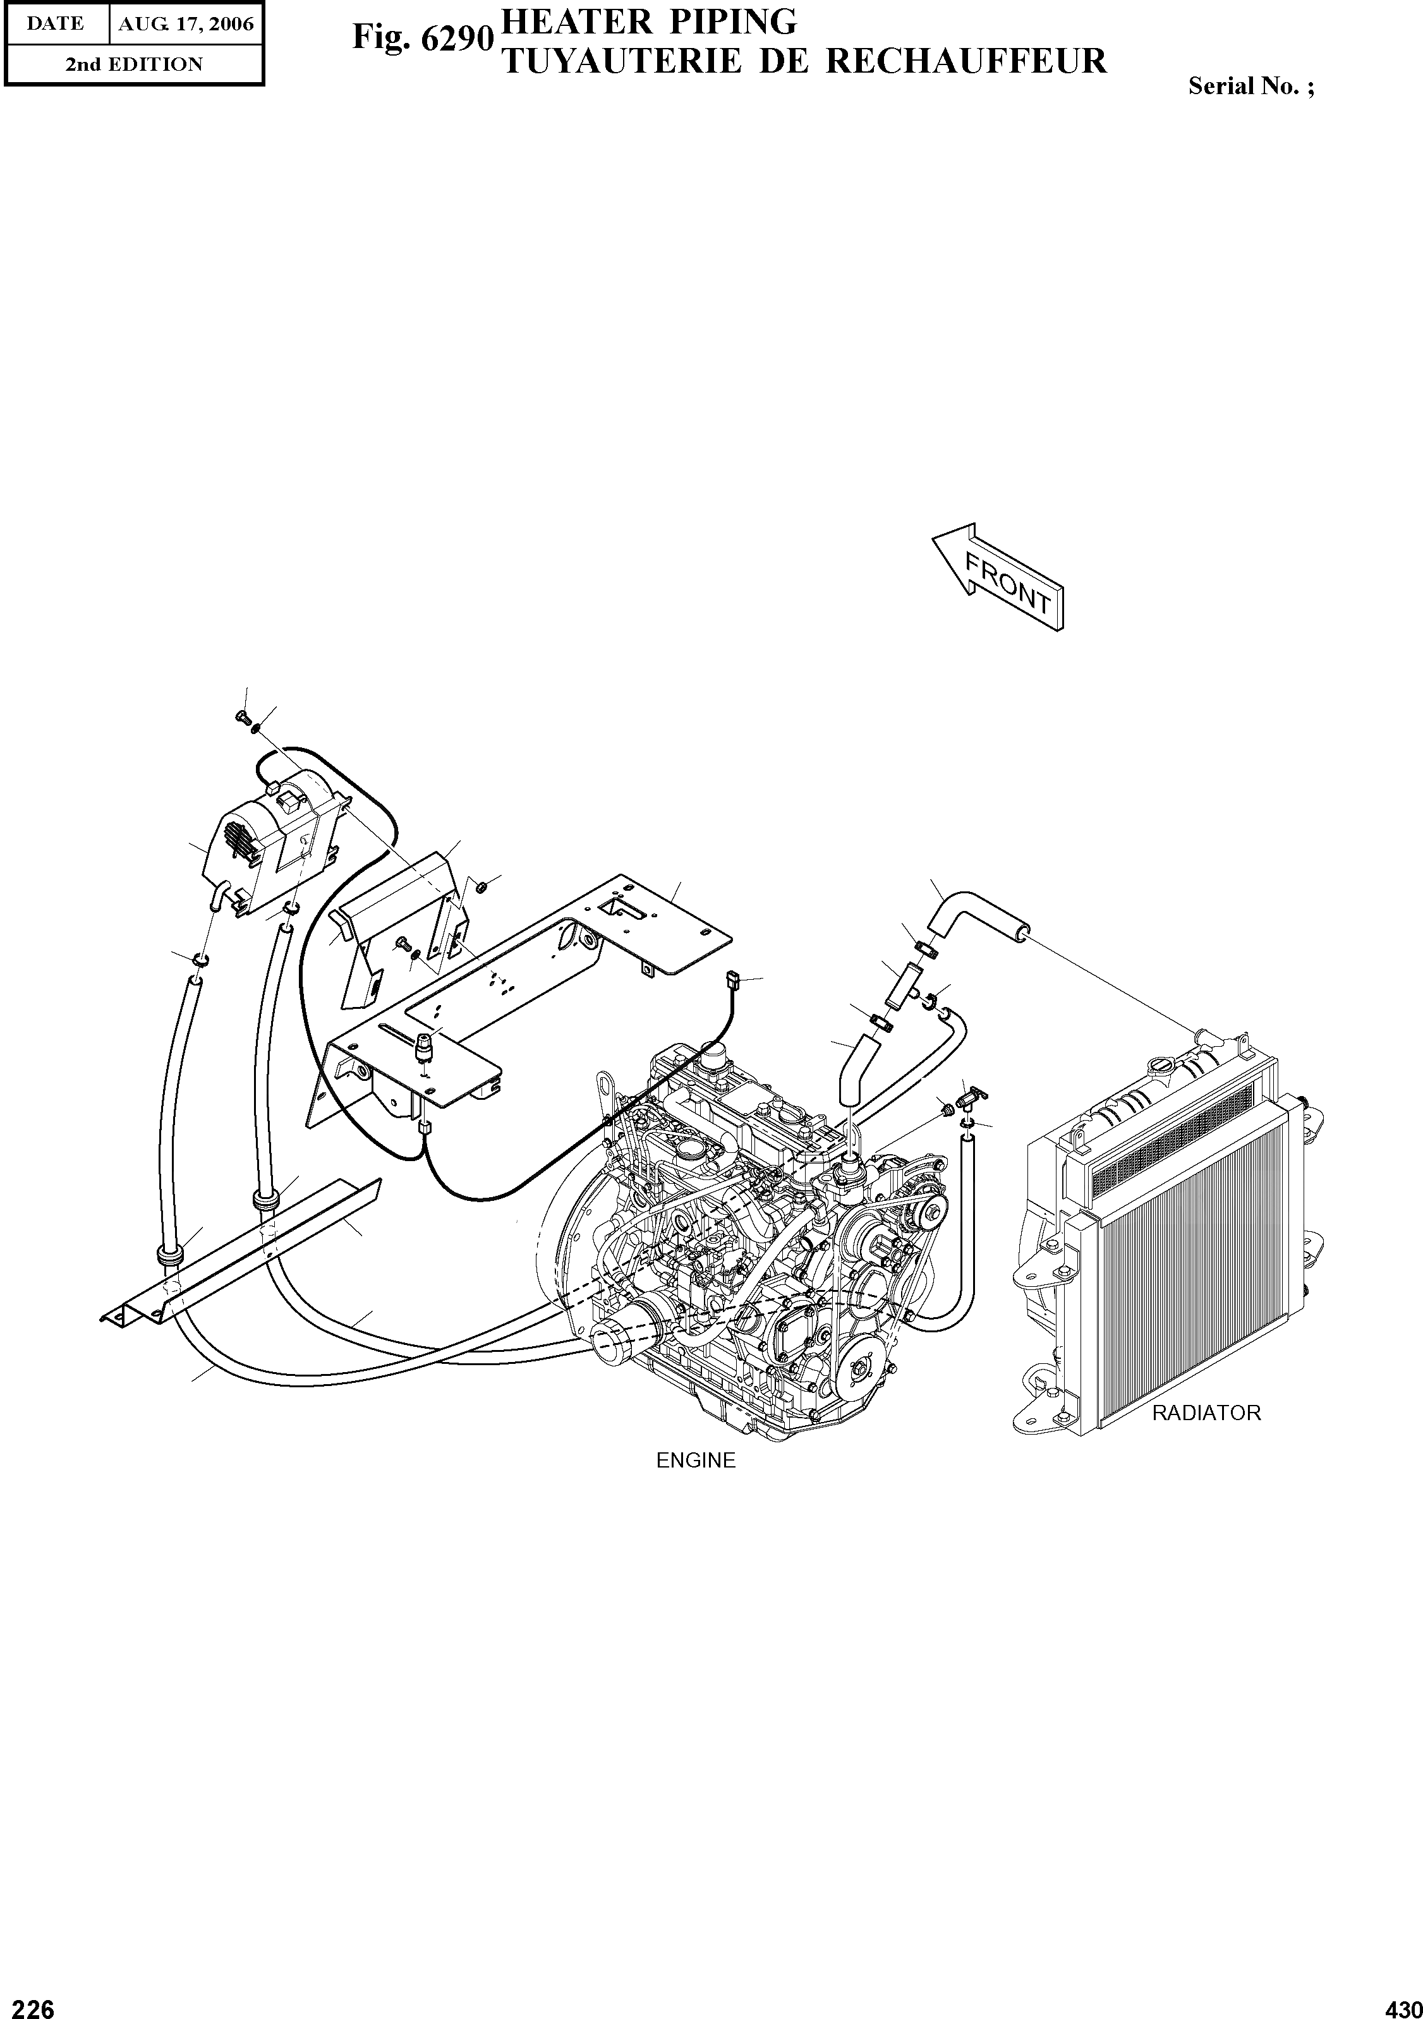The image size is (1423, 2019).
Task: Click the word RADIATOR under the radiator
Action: coord(1206,1413)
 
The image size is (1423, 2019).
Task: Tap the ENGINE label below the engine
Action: coord(696,1461)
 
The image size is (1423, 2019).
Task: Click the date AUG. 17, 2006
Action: coord(186,24)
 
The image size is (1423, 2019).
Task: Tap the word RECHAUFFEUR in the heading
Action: coord(967,61)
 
